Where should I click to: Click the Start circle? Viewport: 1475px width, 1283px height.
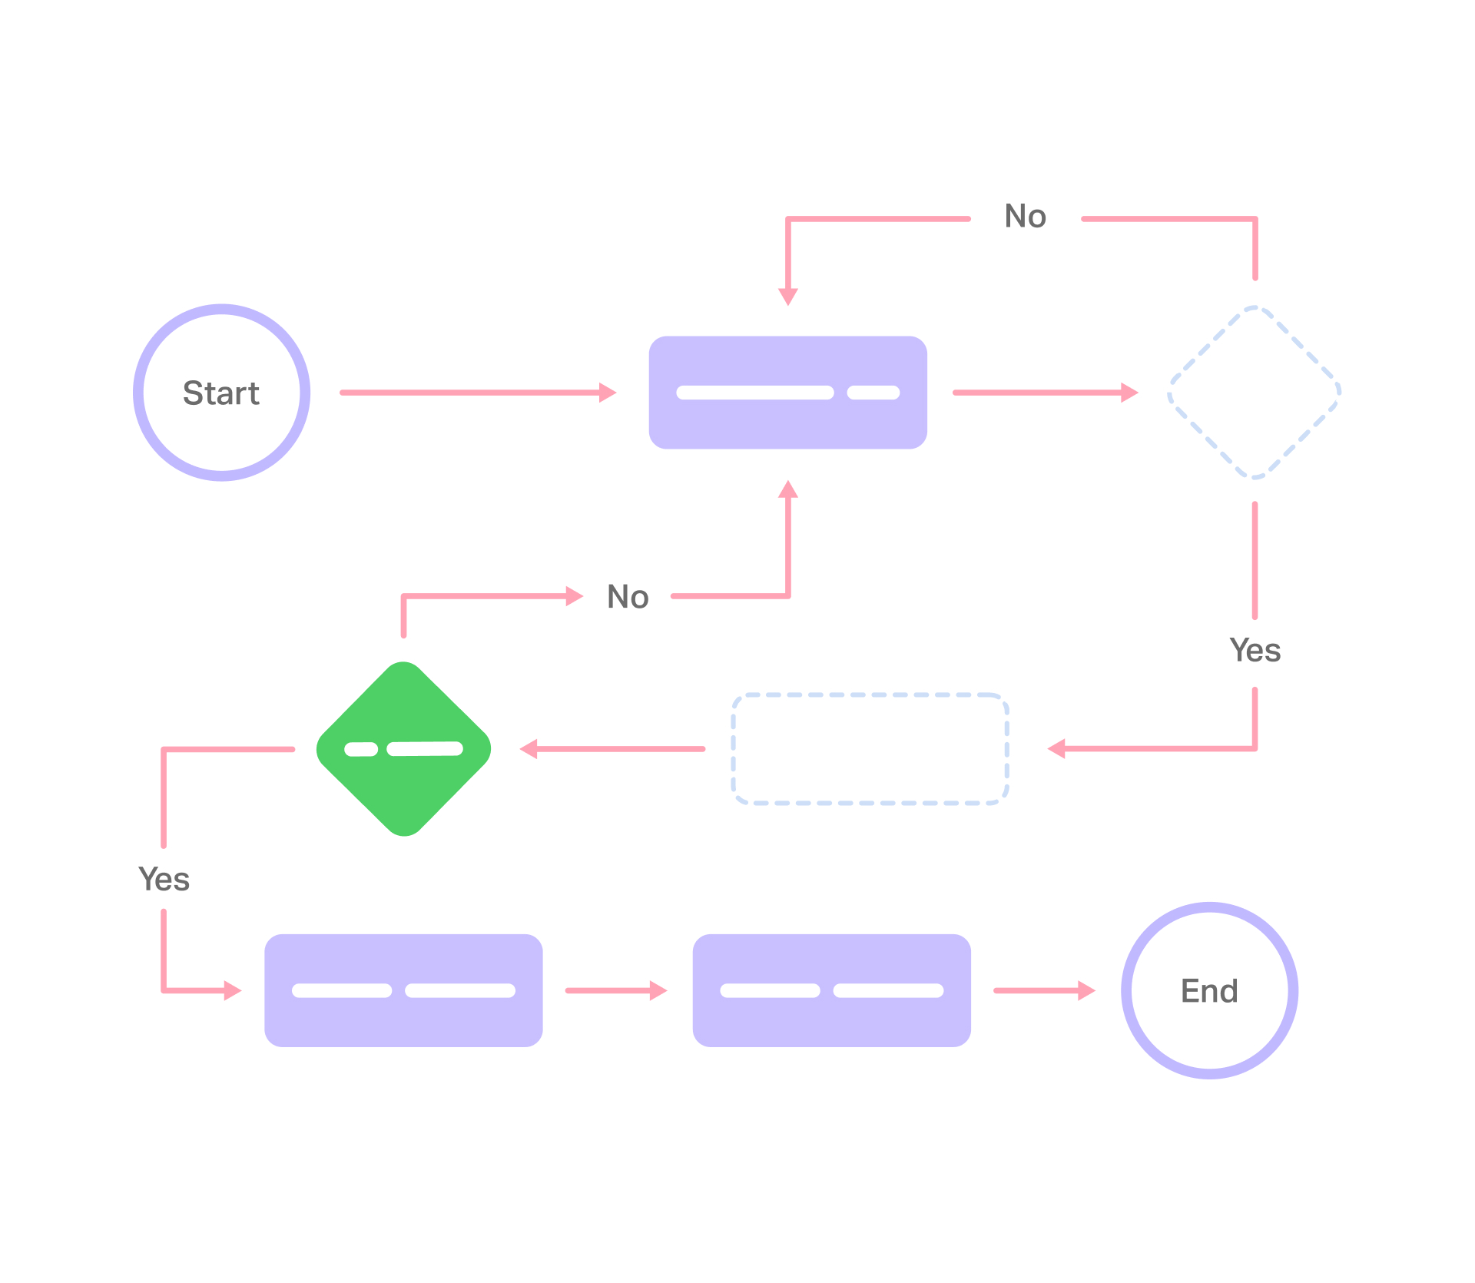tap(221, 393)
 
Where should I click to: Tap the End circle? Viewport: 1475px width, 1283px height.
tap(1209, 990)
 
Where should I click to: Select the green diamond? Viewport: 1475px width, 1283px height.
tap(403, 776)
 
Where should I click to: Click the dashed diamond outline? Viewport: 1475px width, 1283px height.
tap(1254, 393)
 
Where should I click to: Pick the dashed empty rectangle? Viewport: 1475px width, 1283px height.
tap(870, 749)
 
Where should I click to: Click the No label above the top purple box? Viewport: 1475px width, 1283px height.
tap(1025, 217)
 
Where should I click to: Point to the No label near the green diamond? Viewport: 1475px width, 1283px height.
tap(628, 597)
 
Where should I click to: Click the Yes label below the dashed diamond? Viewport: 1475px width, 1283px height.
tap(1255, 651)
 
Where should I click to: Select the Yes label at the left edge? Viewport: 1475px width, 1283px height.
tap(164, 879)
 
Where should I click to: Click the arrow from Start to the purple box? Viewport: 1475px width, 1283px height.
tap(476, 393)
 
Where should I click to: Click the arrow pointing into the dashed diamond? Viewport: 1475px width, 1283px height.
tap(1045, 393)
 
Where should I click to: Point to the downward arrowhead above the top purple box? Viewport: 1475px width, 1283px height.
tap(788, 296)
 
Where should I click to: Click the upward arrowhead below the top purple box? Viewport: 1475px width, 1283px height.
tap(788, 489)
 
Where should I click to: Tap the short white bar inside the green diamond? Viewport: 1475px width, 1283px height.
tap(361, 749)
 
